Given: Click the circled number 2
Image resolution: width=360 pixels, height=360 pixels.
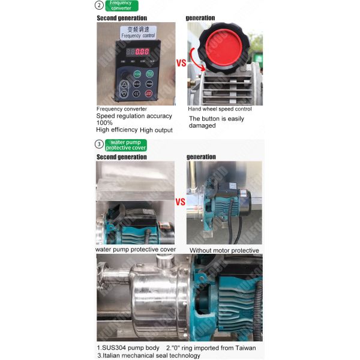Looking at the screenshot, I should tap(100, 6).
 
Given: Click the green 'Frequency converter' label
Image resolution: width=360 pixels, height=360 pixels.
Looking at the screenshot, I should tap(121, 5).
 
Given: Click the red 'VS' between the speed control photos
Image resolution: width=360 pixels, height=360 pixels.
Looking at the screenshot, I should tap(180, 62).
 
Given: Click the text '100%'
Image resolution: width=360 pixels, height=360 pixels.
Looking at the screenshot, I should tap(106, 123).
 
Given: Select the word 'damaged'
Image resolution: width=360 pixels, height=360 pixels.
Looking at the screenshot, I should tap(203, 126).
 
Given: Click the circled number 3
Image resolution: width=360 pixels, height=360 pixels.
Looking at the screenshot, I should tap(100, 144).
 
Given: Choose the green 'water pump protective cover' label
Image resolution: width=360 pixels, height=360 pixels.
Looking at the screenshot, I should tap(126, 145).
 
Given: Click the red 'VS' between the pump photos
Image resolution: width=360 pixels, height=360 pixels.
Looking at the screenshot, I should tap(180, 202).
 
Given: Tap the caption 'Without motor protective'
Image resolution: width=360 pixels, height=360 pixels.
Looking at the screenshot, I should tap(224, 250).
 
